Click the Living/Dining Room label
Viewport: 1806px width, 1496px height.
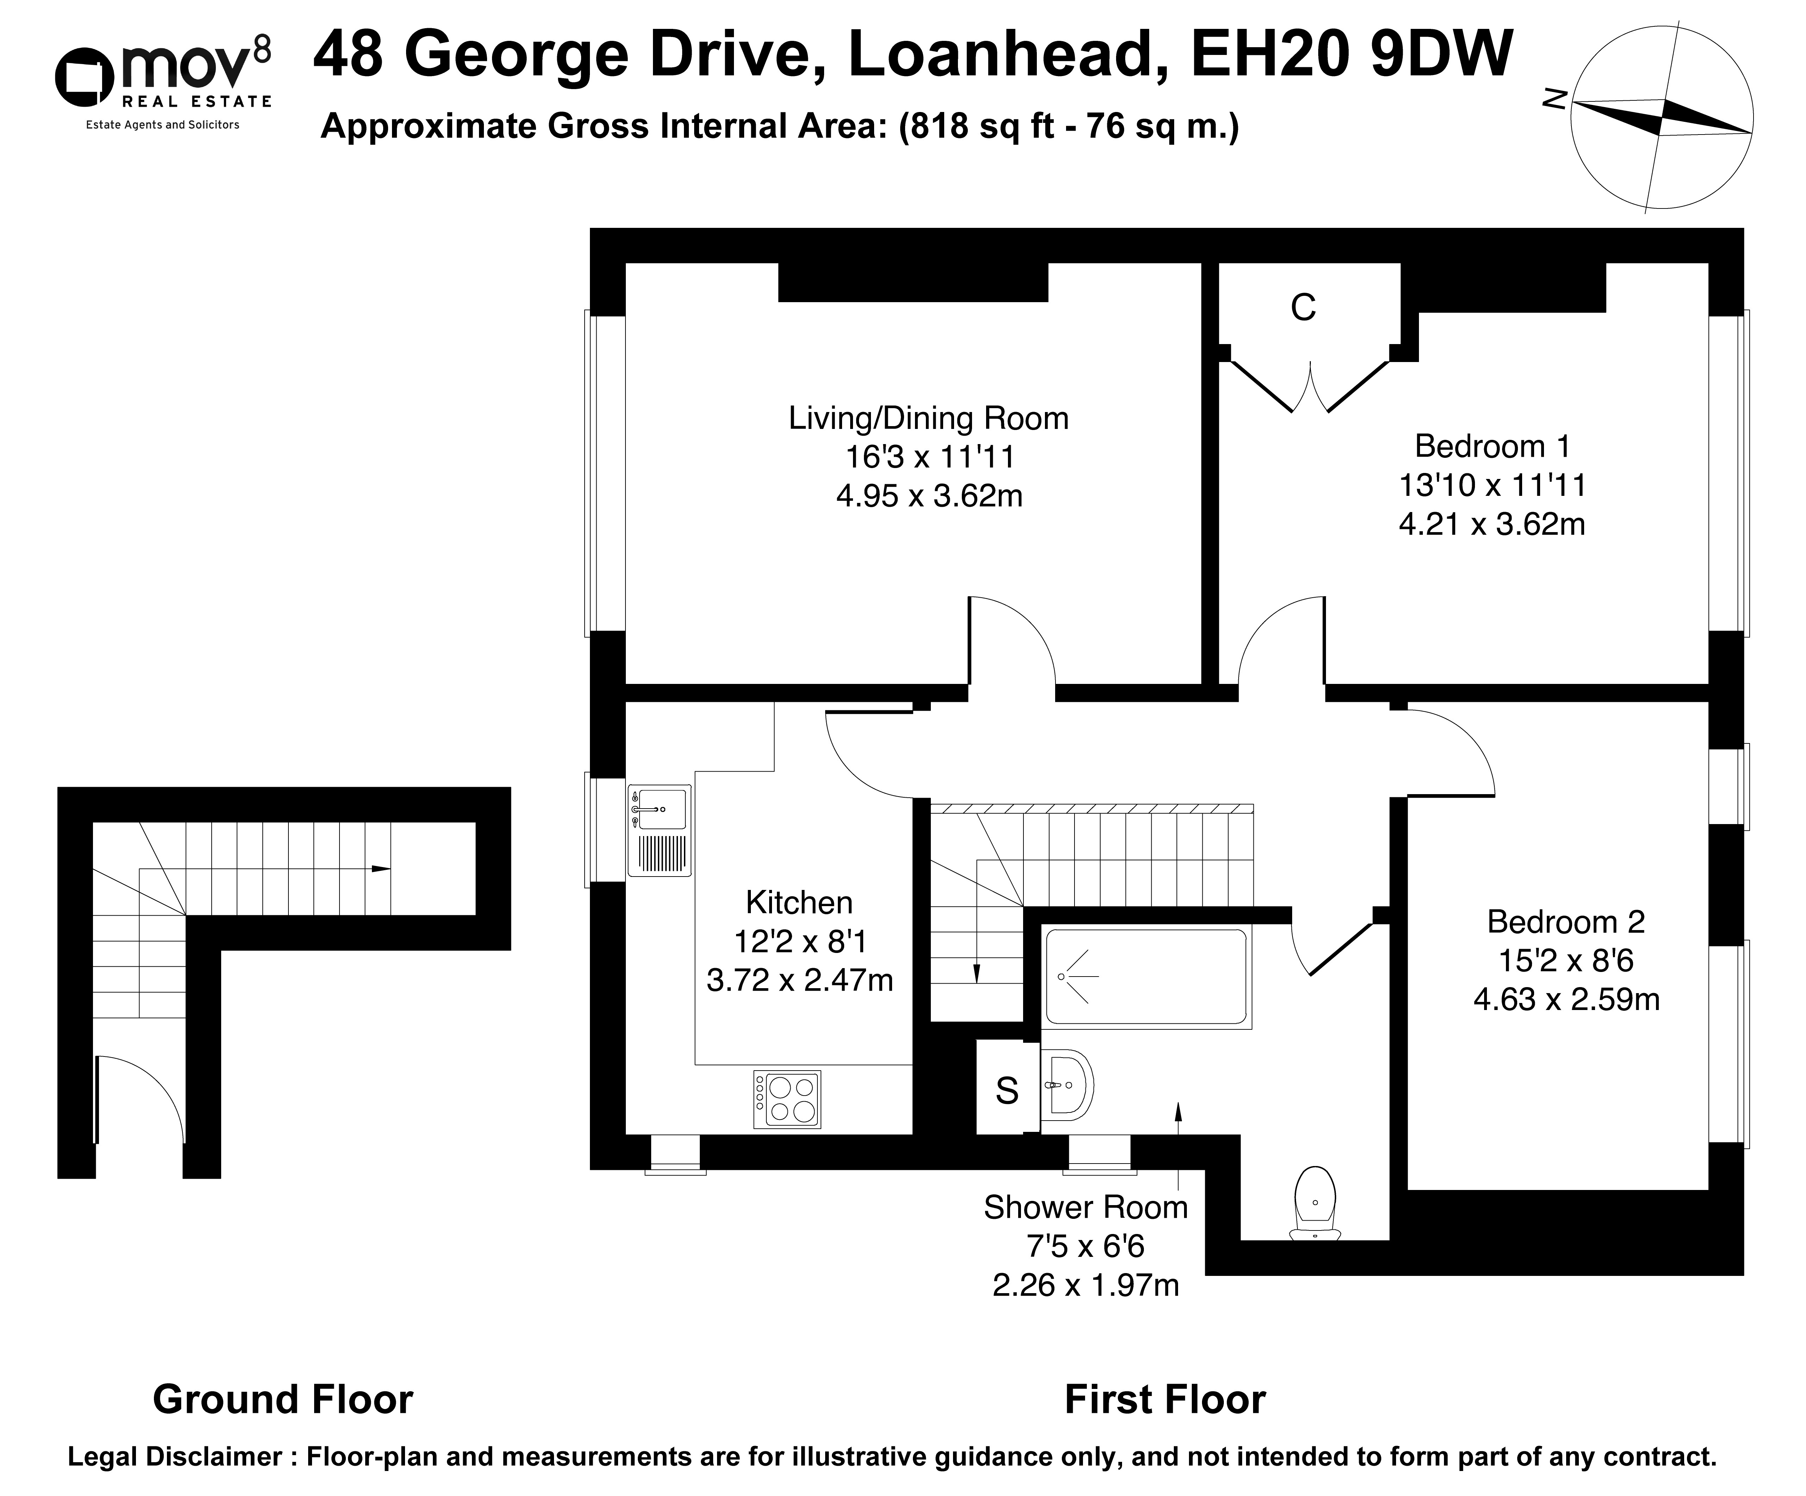point(929,419)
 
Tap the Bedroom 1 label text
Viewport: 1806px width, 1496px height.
point(1492,446)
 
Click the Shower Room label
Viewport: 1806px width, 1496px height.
point(1085,1207)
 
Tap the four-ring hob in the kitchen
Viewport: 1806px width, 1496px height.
point(787,1099)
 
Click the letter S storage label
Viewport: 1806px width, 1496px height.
point(1007,1091)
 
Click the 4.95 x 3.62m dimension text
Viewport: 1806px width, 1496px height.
point(929,496)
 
